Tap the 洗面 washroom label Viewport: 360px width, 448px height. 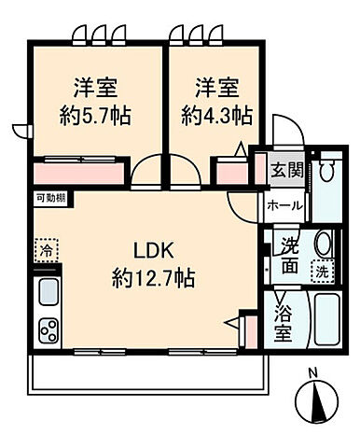pos(289,256)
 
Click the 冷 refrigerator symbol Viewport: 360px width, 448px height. pos(46,250)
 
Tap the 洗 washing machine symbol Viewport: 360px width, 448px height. pos(321,273)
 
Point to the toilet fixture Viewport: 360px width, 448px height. pos(326,172)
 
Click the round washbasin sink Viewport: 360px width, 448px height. pos(323,244)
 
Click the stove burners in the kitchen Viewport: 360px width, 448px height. pos(48,330)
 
